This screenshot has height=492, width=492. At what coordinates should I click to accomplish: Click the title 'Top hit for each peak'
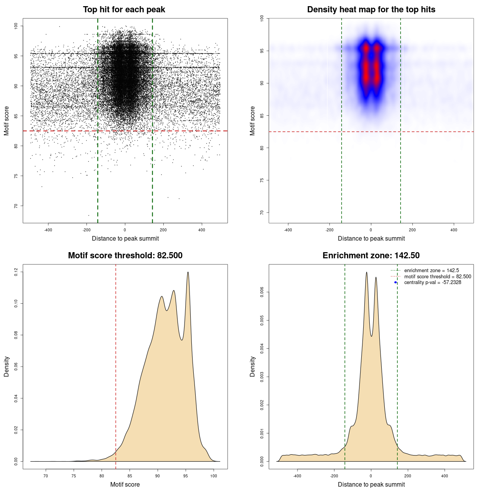pos(124,10)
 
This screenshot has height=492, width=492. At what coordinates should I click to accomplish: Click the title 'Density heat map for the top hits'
pos(371,10)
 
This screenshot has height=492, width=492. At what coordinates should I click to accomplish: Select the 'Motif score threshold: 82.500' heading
pos(125,256)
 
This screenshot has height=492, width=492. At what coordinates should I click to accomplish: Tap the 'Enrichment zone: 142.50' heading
pos(371,256)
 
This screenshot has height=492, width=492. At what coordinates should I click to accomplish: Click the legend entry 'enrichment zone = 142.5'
pos(431,271)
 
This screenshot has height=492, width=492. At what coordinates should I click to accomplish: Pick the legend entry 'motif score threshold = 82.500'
pos(437,277)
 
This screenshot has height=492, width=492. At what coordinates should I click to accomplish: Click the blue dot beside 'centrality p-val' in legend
pos(396,283)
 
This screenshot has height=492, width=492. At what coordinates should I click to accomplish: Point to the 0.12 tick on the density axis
pos(16,272)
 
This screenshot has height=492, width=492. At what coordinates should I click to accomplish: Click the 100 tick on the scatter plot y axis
pos(16,26)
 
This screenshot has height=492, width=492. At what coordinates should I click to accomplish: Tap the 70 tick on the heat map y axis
pos(262,213)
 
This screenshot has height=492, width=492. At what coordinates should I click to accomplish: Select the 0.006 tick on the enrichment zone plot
pos(262,292)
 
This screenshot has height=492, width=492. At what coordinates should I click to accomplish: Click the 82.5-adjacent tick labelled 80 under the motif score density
pos(102,476)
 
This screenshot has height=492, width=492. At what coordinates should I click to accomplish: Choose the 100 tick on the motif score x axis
pos(214,476)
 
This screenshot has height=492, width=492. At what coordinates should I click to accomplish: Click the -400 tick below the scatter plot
pos(48,230)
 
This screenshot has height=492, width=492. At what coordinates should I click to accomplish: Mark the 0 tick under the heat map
pos(371,230)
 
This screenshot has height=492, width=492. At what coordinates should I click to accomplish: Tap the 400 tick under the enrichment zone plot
pos(445,476)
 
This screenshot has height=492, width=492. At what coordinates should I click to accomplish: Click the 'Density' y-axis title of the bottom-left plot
pos(7,366)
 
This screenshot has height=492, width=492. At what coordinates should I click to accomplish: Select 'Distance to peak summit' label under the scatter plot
pos(125,239)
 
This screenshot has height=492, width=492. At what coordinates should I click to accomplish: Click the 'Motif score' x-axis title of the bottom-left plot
pos(125,485)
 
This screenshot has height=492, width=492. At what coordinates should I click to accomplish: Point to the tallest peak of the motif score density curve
pos(188,272)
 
